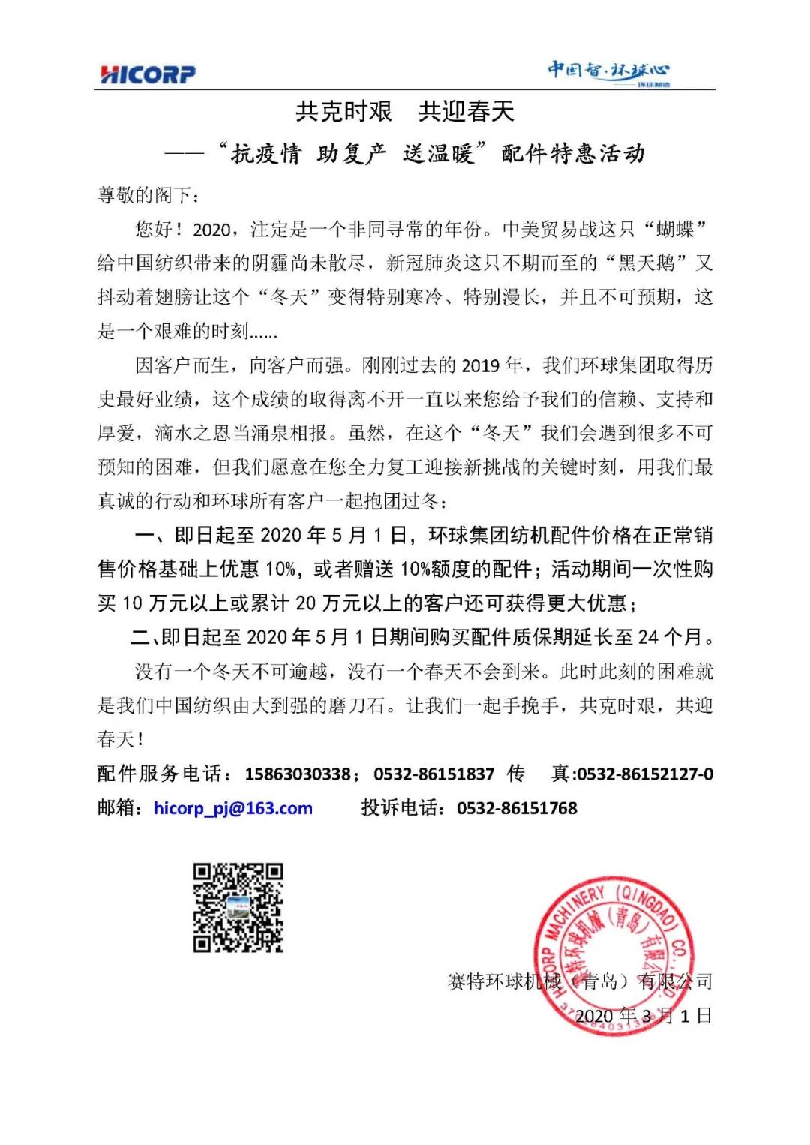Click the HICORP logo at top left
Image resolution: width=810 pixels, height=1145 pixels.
[x=148, y=74]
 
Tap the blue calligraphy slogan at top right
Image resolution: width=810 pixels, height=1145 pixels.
[x=608, y=72]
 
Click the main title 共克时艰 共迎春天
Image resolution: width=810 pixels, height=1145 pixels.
[x=405, y=112]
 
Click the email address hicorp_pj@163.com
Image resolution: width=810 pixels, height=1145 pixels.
[x=233, y=808]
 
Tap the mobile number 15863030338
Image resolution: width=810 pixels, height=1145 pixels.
[x=297, y=774]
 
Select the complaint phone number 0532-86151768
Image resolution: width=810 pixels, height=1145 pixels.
[x=517, y=808]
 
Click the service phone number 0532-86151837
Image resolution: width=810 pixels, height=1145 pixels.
[x=433, y=774]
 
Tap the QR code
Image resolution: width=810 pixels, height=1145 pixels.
[x=238, y=908]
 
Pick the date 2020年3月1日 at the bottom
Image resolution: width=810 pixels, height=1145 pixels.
[x=643, y=1016]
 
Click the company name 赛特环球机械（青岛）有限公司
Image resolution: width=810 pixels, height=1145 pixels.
[x=580, y=981]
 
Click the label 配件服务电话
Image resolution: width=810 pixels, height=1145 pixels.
[x=159, y=774]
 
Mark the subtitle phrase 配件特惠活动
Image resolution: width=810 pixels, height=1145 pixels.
[x=573, y=154]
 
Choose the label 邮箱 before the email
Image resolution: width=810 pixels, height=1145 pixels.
[x=116, y=808]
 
